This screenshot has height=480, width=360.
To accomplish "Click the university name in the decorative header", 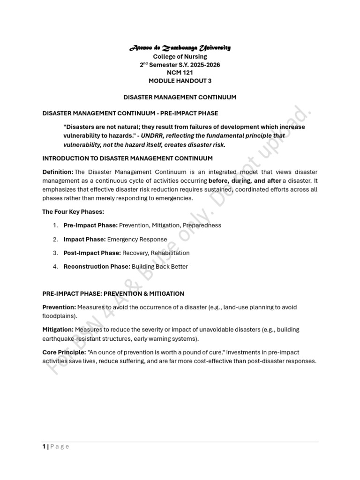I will pos(180,48).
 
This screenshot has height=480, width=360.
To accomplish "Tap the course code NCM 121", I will pos(180,73).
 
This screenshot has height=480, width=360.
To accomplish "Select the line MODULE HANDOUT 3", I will pos(180,81).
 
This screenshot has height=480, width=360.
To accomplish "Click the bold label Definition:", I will pos(58,172).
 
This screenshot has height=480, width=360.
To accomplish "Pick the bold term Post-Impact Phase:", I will pos(92,253).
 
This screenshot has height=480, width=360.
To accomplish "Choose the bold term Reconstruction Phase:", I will pos(97,267).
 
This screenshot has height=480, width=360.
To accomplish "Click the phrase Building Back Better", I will pos(160,267).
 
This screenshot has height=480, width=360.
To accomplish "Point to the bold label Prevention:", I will pos(59,307).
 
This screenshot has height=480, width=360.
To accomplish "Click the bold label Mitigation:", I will pos(58,330).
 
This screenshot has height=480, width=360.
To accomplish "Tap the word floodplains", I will pos(58,316).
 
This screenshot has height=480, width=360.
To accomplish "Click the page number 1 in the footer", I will pos(44,447).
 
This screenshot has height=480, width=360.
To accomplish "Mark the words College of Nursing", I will pos(180,57).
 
